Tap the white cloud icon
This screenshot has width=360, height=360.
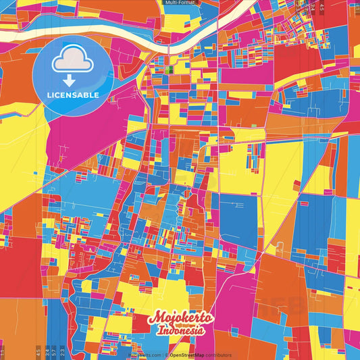[72, 62]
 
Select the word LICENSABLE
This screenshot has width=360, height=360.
[72, 95]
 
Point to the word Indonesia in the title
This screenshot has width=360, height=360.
[181, 331]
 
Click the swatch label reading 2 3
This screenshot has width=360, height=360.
[62, 351]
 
